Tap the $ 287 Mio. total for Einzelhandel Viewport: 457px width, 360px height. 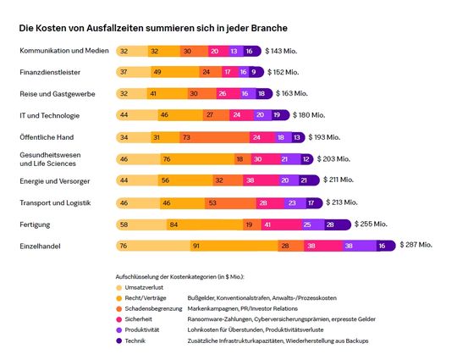tap(415, 244)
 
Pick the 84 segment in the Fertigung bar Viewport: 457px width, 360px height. tap(173, 224)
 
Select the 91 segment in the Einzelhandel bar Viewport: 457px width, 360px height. tap(195, 246)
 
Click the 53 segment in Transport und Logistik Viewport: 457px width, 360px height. tap(212, 202)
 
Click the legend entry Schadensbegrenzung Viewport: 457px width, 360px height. tap(155, 307)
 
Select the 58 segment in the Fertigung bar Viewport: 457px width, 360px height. tap(125, 224)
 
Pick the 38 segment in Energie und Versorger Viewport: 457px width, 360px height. tap(250, 180)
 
